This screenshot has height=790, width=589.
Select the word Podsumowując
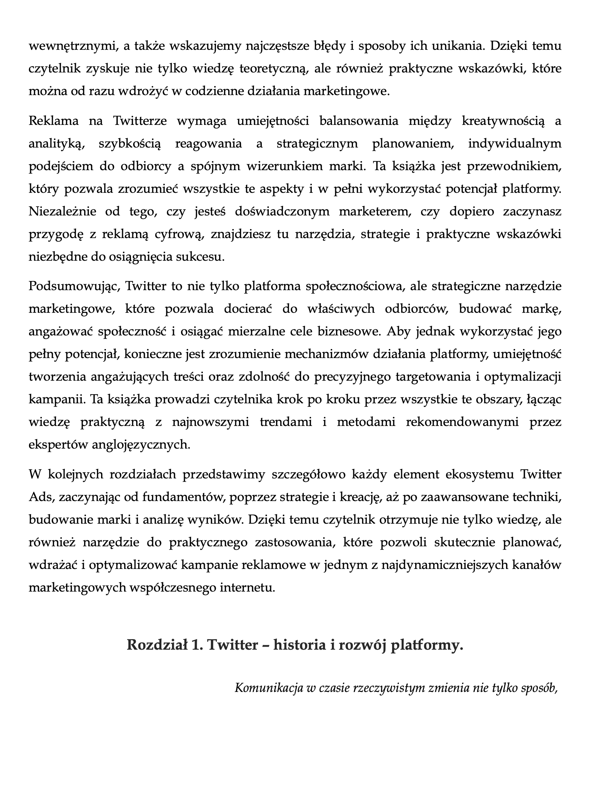click(x=74, y=286)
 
